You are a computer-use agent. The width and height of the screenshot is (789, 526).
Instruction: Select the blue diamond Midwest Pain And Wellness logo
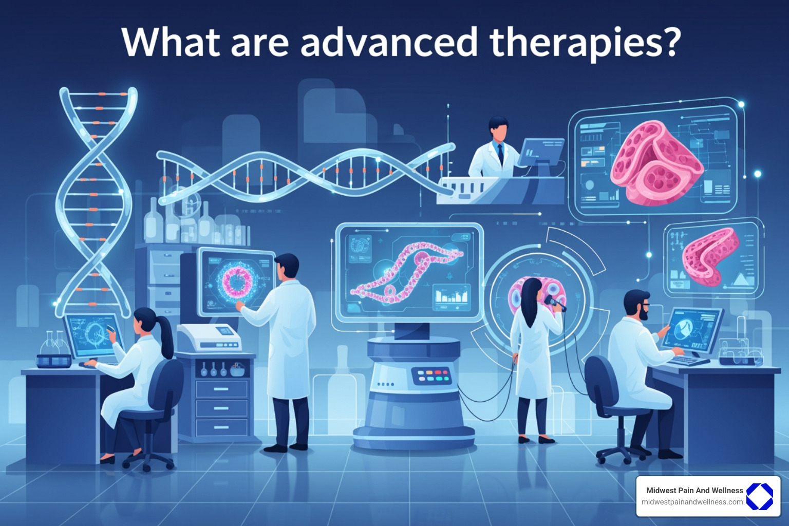tap(759, 496)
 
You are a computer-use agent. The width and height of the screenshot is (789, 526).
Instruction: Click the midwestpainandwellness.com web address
tap(692, 502)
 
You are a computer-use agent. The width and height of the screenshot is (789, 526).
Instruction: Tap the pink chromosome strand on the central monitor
tap(406, 270)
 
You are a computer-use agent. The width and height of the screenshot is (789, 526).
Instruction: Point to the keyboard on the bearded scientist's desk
tap(688, 360)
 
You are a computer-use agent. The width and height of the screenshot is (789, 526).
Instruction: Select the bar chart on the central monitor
tap(451, 296)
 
